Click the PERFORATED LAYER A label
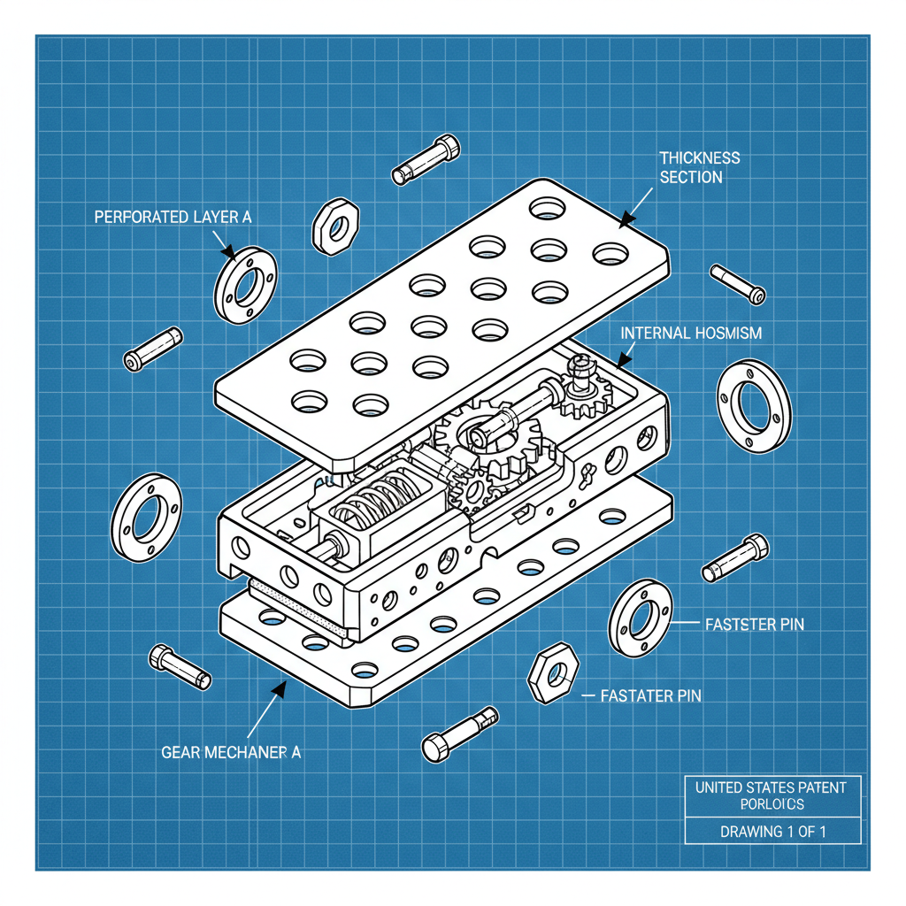pos(166,216)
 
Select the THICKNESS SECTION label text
pos(699,167)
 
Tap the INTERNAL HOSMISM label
pos(691,334)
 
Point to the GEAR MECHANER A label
pos(231,752)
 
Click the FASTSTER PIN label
pos(754,624)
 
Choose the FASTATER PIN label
pos(650,695)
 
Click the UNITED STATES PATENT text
pos(771,787)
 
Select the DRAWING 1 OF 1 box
pos(772,832)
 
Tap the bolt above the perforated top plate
pos(426,158)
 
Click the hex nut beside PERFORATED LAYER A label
pos(335,226)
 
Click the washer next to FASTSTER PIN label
pos(640,619)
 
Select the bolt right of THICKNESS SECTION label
pos(737,283)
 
